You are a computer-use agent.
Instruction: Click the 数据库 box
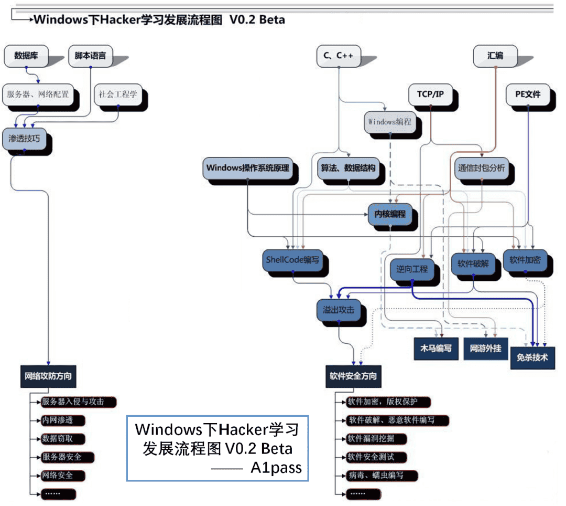pyautogui.click(x=26, y=55)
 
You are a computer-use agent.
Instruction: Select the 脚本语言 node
pyautogui.click(x=90, y=55)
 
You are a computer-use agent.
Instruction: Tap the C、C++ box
pyautogui.click(x=338, y=55)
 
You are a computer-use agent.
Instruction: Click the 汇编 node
pyautogui.click(x=495, y=55)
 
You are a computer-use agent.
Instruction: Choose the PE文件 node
pyautogui.click(x=527, y=94)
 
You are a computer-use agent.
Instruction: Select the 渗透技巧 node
pyautogui.click(x=24, y=139)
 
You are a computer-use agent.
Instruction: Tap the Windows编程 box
pyautogui.click(x=389, y=122)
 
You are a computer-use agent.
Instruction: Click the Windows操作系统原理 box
pyautogui.click(x=247, y=168)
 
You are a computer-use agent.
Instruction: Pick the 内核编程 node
pyautogui.click(x=390, y=215)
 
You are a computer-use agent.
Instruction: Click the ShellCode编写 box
pyautogui.click(x=292, y=259)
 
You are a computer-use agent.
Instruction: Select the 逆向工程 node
pyautogui.click(x=412, y=269)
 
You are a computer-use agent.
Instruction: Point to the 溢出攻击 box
pyautogui.click(x=339, y=310)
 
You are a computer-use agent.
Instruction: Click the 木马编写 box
pyautogui.click(x=436, y=348)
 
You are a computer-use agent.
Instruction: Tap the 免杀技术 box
pyautogui.click(x=532, y=358)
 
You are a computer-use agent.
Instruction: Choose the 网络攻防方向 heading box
pyautogui.click(x=48, y=376)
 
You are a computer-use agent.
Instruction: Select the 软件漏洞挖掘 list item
pyautogui.click(x=370, y=439)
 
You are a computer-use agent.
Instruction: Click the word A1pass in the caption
pyautogui.click(x=276, y=467)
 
